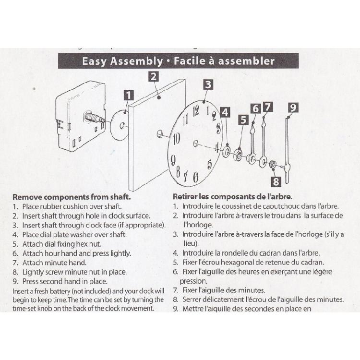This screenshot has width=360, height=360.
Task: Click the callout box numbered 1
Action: click(129, 95)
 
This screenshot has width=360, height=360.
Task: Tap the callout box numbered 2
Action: click(153, 76)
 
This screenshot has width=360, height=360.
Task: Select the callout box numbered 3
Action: click(207, 85)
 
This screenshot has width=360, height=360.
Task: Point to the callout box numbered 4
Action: click(225, 112)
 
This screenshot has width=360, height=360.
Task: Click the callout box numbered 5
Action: click(243, 120)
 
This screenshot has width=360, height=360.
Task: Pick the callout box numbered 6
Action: click(255, 108)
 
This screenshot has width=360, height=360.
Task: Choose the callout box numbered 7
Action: click(268, 107)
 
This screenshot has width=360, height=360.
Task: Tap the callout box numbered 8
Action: click(276, 181)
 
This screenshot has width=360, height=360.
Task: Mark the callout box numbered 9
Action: click(294, 108)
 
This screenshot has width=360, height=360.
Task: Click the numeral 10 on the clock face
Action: click(176, 139)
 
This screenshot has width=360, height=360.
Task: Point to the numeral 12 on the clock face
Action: click(196, 112)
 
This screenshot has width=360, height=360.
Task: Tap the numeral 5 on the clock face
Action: click(209, 165)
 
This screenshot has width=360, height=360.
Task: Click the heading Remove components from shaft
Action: click(72, 197)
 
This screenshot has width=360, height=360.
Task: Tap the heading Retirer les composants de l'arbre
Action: click(232, 197)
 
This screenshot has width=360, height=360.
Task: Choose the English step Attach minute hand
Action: click(54, 263)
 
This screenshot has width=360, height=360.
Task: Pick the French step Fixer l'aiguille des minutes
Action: click(224, 290)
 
